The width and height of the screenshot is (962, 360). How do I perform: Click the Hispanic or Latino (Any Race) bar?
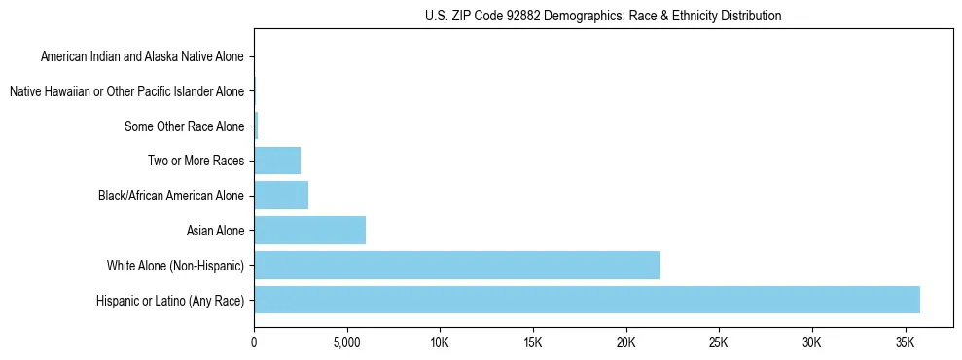pos(587,300)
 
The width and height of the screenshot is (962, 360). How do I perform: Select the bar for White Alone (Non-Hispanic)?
pos(457,265)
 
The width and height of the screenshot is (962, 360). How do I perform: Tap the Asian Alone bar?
pos(309,231)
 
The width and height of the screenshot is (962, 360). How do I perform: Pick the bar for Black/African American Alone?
pos(281,196)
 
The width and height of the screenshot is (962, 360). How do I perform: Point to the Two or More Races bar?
pos(277,161)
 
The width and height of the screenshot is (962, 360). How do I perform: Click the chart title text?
pos(603,16)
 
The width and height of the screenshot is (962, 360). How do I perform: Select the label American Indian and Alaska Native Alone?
pos(142,56)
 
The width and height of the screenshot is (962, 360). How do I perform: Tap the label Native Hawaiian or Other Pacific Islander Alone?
pos(126,91)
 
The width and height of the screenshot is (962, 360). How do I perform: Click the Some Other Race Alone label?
pos(184,126)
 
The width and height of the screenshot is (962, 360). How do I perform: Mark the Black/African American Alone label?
pos(170,196)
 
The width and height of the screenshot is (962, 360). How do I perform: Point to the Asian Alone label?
pos(215,231)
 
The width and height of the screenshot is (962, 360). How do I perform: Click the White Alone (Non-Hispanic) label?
pos(175,266)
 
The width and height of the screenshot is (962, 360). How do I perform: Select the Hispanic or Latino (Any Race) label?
pos(170,300)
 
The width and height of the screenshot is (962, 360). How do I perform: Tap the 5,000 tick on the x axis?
pos(346,342)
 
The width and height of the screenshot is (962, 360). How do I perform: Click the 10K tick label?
pos(440,342)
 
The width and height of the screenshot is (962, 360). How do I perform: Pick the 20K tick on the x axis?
pos(625,342)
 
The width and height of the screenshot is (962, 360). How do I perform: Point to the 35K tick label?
pos(905,342)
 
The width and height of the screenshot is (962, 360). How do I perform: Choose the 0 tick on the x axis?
pos(254,342)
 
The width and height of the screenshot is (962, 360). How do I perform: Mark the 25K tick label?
pos(719,342)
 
